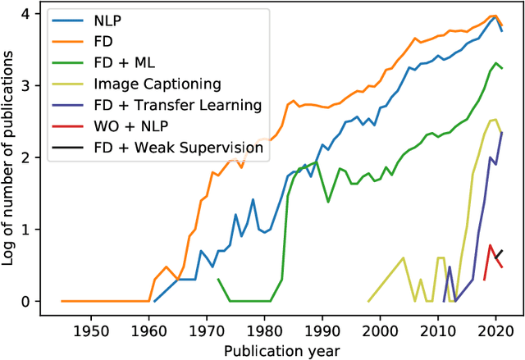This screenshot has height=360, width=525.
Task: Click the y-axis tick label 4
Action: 26,15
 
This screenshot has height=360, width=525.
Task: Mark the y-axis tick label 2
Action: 26,157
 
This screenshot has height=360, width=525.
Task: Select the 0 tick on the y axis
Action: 26,301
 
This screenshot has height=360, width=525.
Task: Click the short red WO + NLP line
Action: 494,255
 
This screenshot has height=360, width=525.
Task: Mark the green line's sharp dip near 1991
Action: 328,201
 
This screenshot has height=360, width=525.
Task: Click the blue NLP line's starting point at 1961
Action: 154,301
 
